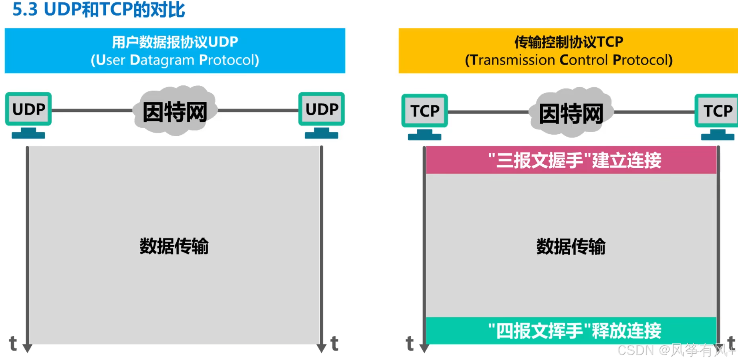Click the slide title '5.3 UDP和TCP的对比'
(99, 10)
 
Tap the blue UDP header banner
(175, 50)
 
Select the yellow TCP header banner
(568, 50)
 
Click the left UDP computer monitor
(28, 109)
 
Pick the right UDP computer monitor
(321, 109)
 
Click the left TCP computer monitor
(425, 111)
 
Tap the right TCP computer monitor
(717, 111)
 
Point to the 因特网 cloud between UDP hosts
(175, 111)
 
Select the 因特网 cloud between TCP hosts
(571, 113)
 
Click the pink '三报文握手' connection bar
(571, 160)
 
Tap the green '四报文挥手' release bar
(571, 331)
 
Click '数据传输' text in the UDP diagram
(174, 246)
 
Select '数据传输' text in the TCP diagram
(571, 246)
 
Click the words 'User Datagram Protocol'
(175, 60)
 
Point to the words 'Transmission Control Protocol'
(569, 60)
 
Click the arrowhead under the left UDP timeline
(27, 348)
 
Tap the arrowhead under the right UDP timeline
(321, 348)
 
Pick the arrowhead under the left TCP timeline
(424, 348)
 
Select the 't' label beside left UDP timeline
(13, 344)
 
